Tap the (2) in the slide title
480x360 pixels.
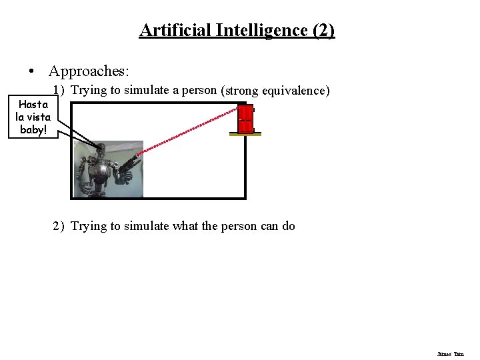coord(322,30)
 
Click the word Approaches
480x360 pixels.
coord(89,71)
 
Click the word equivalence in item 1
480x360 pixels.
coord(296,91)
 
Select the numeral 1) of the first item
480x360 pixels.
coord(59,90)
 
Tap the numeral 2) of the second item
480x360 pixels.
coord(59,226)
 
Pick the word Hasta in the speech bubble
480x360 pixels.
coord(33,105)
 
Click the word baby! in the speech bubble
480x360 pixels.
coord(33,129)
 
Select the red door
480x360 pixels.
coord(246,118)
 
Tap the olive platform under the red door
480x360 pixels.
coord(245,134)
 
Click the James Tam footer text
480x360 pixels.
coord(450,354)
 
